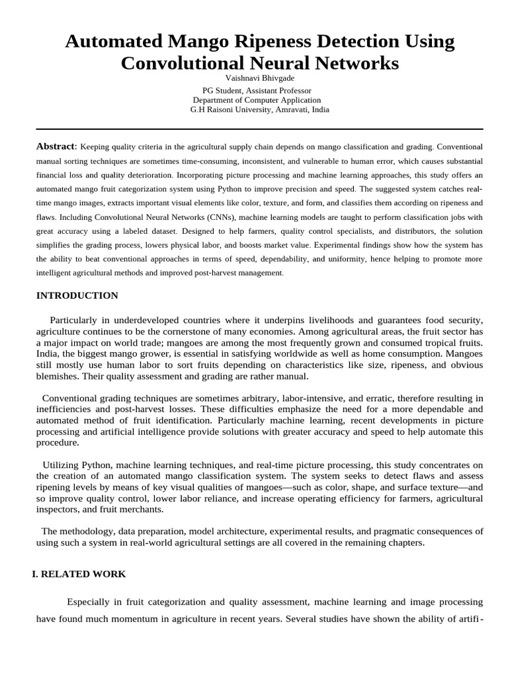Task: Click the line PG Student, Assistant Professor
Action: tap(257, 90)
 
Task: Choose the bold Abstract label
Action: tap(56, 146)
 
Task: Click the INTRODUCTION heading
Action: tap(77, 295)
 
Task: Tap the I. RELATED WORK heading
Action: tap(79, 574)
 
